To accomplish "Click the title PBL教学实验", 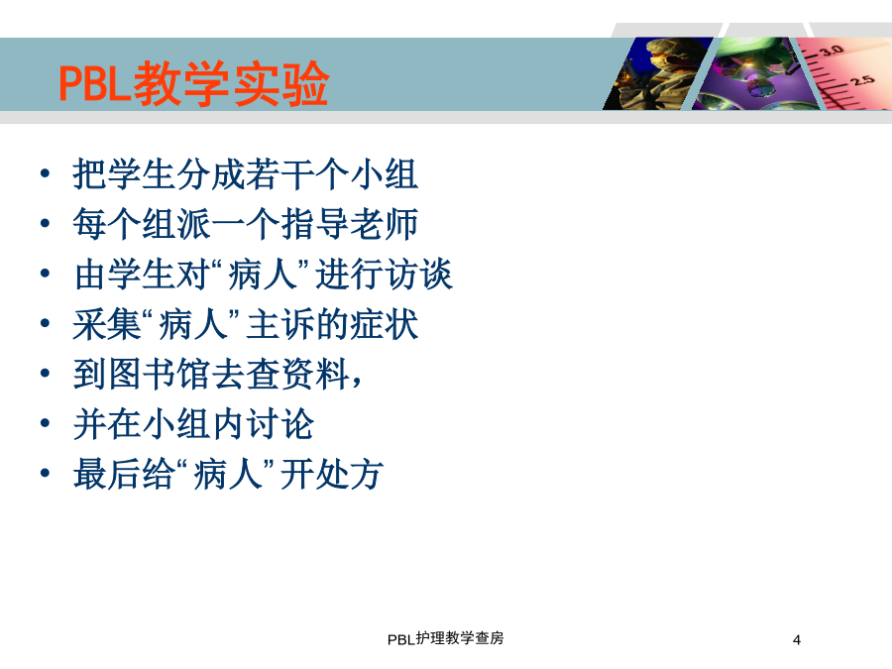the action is click(x=194, y=83).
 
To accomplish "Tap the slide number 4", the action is click(x=797, y=640).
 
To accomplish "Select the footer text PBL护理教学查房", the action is click(x=445, y=639).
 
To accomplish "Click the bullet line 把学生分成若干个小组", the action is click(x=245, y=174).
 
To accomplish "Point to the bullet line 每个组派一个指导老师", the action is click(x=245, y=224).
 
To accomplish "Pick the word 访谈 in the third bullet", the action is click(x=418, y=275).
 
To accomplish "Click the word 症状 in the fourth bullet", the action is click(x=385, y=324).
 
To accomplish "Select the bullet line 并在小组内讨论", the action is click(x=193, y=424).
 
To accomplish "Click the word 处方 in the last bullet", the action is click(x=349, y=475).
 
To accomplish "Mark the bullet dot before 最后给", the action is click(x=46, y=474).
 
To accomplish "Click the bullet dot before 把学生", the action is click(x=46, y=172).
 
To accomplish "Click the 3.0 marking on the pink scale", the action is click(x=832, y=51).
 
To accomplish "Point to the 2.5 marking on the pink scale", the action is click(x=863, y=79).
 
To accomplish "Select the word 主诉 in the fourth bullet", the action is click(x=281, y=324).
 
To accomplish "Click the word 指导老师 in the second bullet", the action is click(x=350, y=224).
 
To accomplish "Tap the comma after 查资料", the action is click(x=357, y=382).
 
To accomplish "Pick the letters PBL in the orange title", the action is click(x=95, y=84).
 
